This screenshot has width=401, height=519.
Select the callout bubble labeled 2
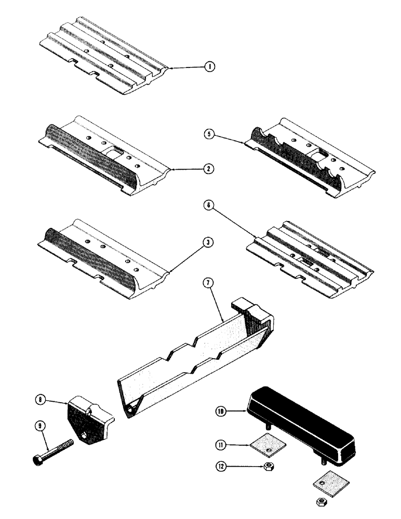coord(208,169)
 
